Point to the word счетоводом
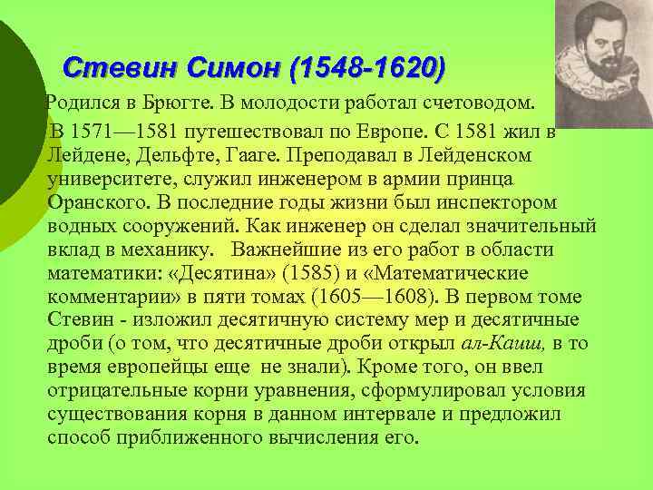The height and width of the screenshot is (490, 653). tap(473, 98)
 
